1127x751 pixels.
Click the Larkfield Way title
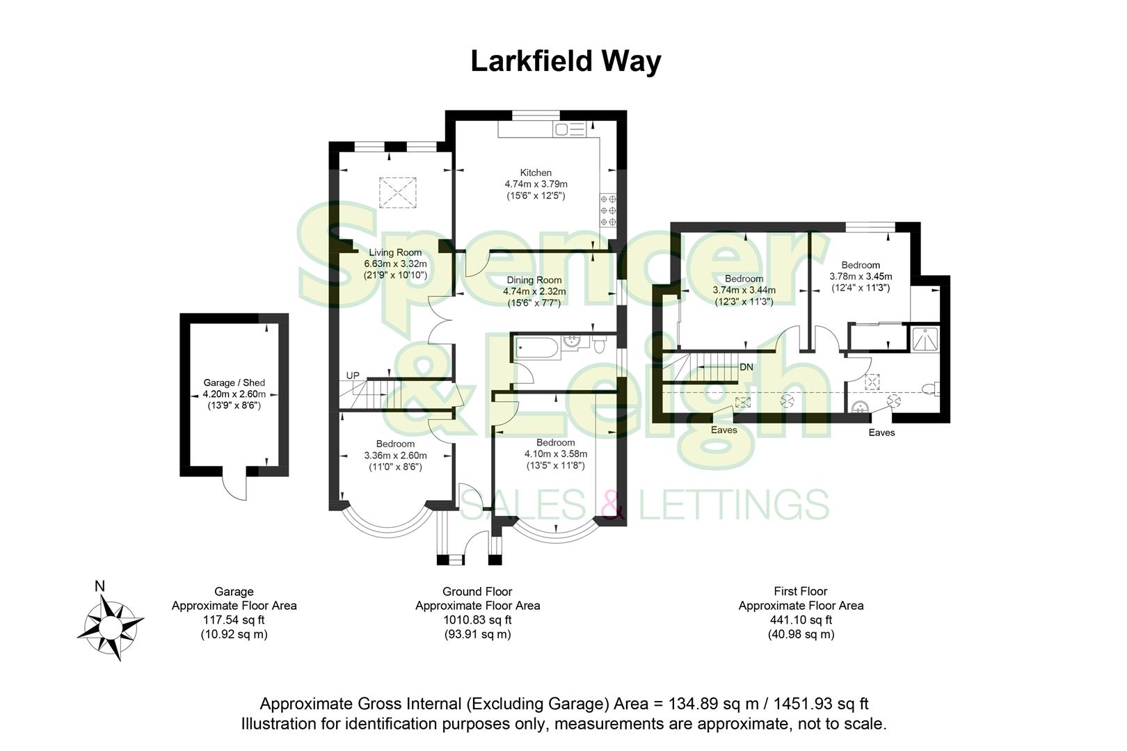tap(565, 61)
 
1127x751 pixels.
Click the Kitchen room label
tap(536, 172)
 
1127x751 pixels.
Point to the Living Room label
tap(395, 252)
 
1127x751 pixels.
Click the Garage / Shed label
tap(234, 382)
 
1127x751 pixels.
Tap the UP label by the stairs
tap(353, 375)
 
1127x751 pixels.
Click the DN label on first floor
tap(746, 366)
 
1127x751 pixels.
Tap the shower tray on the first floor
tap(925, 338)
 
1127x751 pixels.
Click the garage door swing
tap(234, 485)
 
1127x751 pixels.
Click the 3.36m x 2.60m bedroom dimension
tap(395, 455)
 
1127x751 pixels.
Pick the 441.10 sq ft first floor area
tap(801, 620)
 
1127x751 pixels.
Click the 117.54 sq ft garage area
tap(234, 620)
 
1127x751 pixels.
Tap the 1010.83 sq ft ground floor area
tap(477, 620)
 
